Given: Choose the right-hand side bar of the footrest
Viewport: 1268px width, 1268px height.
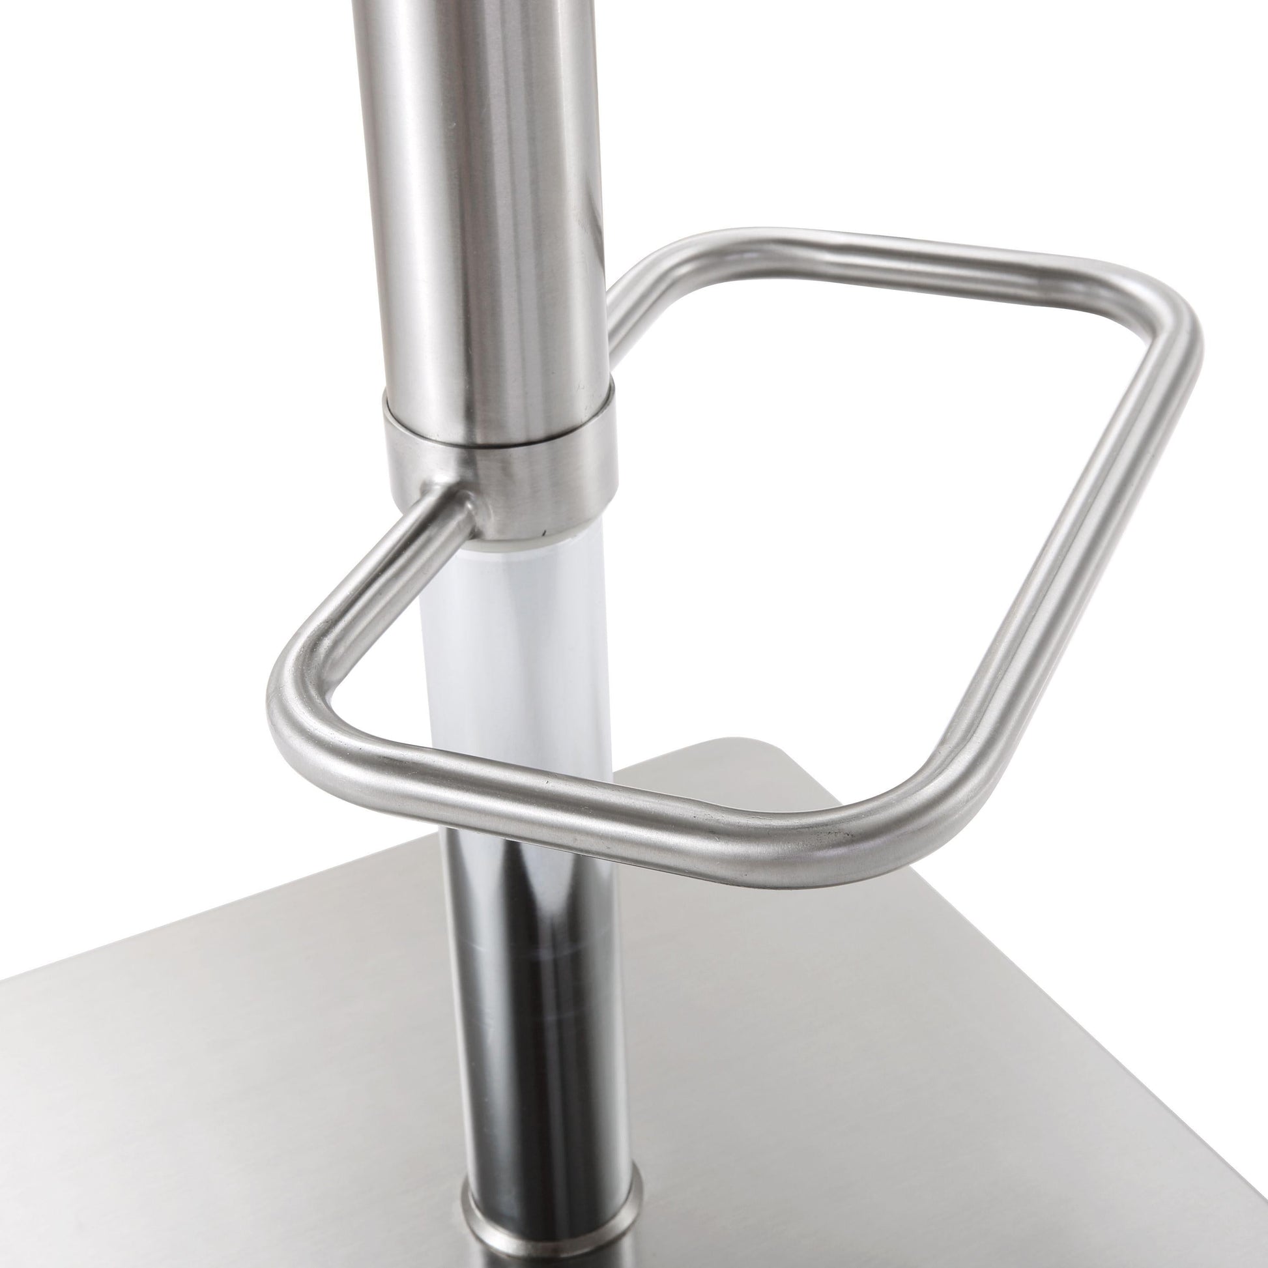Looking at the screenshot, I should [1050, 558].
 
